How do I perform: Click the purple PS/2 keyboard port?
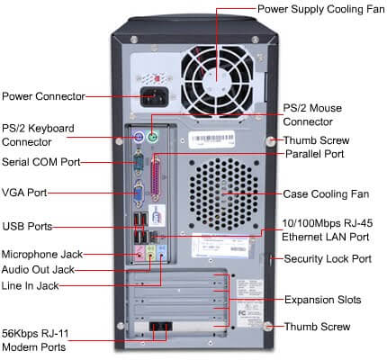tap(138, 139)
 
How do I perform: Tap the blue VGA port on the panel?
tap(139, 194)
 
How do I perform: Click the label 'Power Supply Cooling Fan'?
tap(320, 9)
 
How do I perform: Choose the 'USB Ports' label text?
tap(27, 225)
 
